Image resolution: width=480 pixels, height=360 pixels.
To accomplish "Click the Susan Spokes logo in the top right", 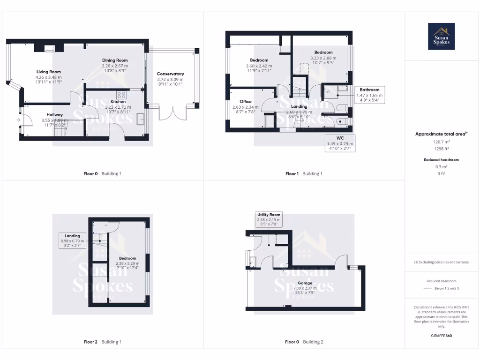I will pos(442,37).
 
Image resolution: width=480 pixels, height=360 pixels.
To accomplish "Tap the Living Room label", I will pos(49,72).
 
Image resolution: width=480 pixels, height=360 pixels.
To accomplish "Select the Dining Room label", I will pos(115,60).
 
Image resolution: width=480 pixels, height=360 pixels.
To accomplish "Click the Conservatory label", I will pos(170,74).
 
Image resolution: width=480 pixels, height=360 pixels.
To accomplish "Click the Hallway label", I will pos(55,115).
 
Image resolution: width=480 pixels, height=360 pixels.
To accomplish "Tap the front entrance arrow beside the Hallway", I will pos(18,120).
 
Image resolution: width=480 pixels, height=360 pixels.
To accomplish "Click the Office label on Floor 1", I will pos(246,102).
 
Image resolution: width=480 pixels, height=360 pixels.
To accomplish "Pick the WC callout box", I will pos(340,143).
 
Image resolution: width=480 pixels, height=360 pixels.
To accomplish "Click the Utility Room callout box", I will pos(269,219).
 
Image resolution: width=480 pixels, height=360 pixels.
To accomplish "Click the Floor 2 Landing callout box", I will pos(72,241).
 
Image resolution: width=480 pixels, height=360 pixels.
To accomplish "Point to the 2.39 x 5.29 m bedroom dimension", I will pos(127,263).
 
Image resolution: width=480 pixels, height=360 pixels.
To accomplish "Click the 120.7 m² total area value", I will pos(441,141).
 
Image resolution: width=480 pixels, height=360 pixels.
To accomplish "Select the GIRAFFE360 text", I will pos(441,336).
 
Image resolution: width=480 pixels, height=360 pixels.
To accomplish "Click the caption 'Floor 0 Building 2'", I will pos(304,342).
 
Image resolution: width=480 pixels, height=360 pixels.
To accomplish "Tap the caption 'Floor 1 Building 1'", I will pos(304,174).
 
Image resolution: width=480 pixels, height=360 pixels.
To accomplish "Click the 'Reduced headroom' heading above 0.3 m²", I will pos(441,160).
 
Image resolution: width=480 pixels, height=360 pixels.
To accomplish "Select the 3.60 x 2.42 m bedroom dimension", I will pos(259,66).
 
